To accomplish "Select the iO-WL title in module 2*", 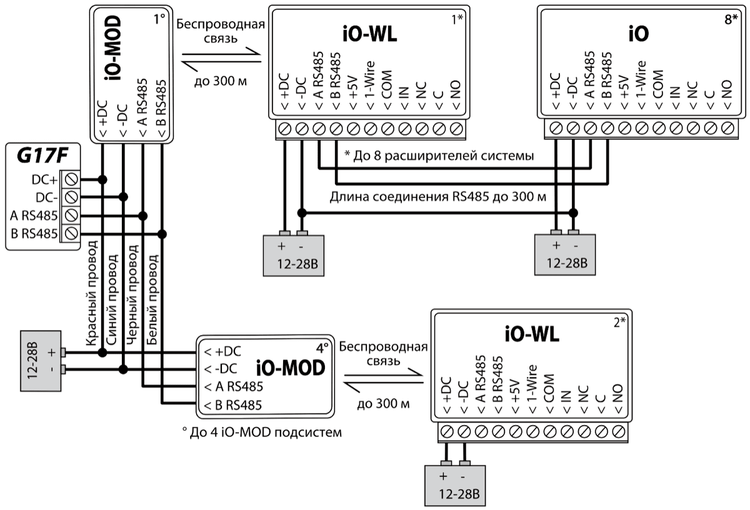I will [x=532, y=336].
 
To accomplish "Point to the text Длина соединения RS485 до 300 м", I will [x=438, y=198].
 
